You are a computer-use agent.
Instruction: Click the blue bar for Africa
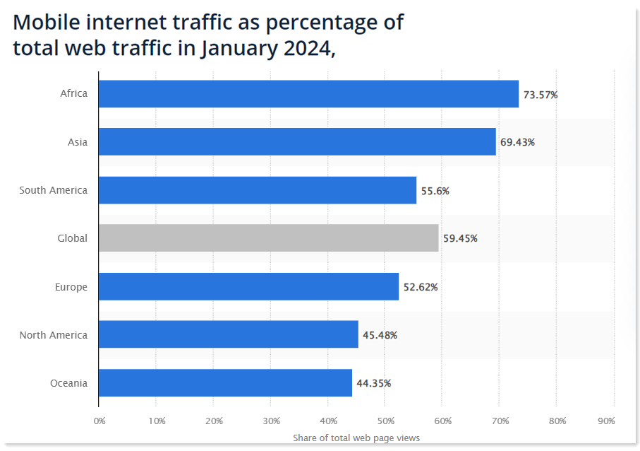tap(308, 94)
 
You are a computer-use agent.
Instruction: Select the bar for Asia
tap(297, 142)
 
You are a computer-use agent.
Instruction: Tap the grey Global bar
tap(268, 238)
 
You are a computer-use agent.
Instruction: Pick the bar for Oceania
tap(225, 383)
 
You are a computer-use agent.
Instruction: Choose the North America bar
tap(228, 334)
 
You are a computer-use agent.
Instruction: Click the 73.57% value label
tap(541, 94)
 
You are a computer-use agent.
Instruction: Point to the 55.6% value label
tap(435, 190)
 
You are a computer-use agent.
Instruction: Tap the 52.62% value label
tap(421, 287)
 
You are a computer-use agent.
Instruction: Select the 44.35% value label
tap(374, 383)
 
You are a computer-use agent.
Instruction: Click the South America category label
tap(54, 190)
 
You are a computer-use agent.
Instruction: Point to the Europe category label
tap(71, 287)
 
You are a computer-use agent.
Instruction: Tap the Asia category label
tap(78, 142)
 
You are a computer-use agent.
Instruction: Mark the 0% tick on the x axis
tap(99, 421)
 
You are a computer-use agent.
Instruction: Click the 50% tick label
tap(385, 421)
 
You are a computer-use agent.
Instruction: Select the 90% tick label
tap(606, 421)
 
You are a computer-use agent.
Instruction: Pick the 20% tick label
tap(214, 421)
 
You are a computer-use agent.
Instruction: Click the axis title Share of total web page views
tap(356, 438)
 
